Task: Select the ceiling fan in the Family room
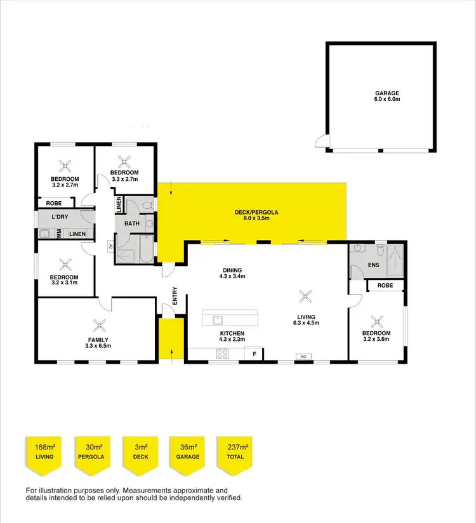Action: click(x=98, y=325)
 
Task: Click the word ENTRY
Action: click(x=175, y=296)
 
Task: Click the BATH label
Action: click(x=131, y=223)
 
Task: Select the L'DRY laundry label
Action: click(x=61, y=218)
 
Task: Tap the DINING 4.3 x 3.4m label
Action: click(x=232, y=272)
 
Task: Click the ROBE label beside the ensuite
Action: click(x=385, y=286)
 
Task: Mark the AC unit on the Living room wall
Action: click(x=303, y=357)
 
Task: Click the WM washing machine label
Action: click(x=59, y=234)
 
